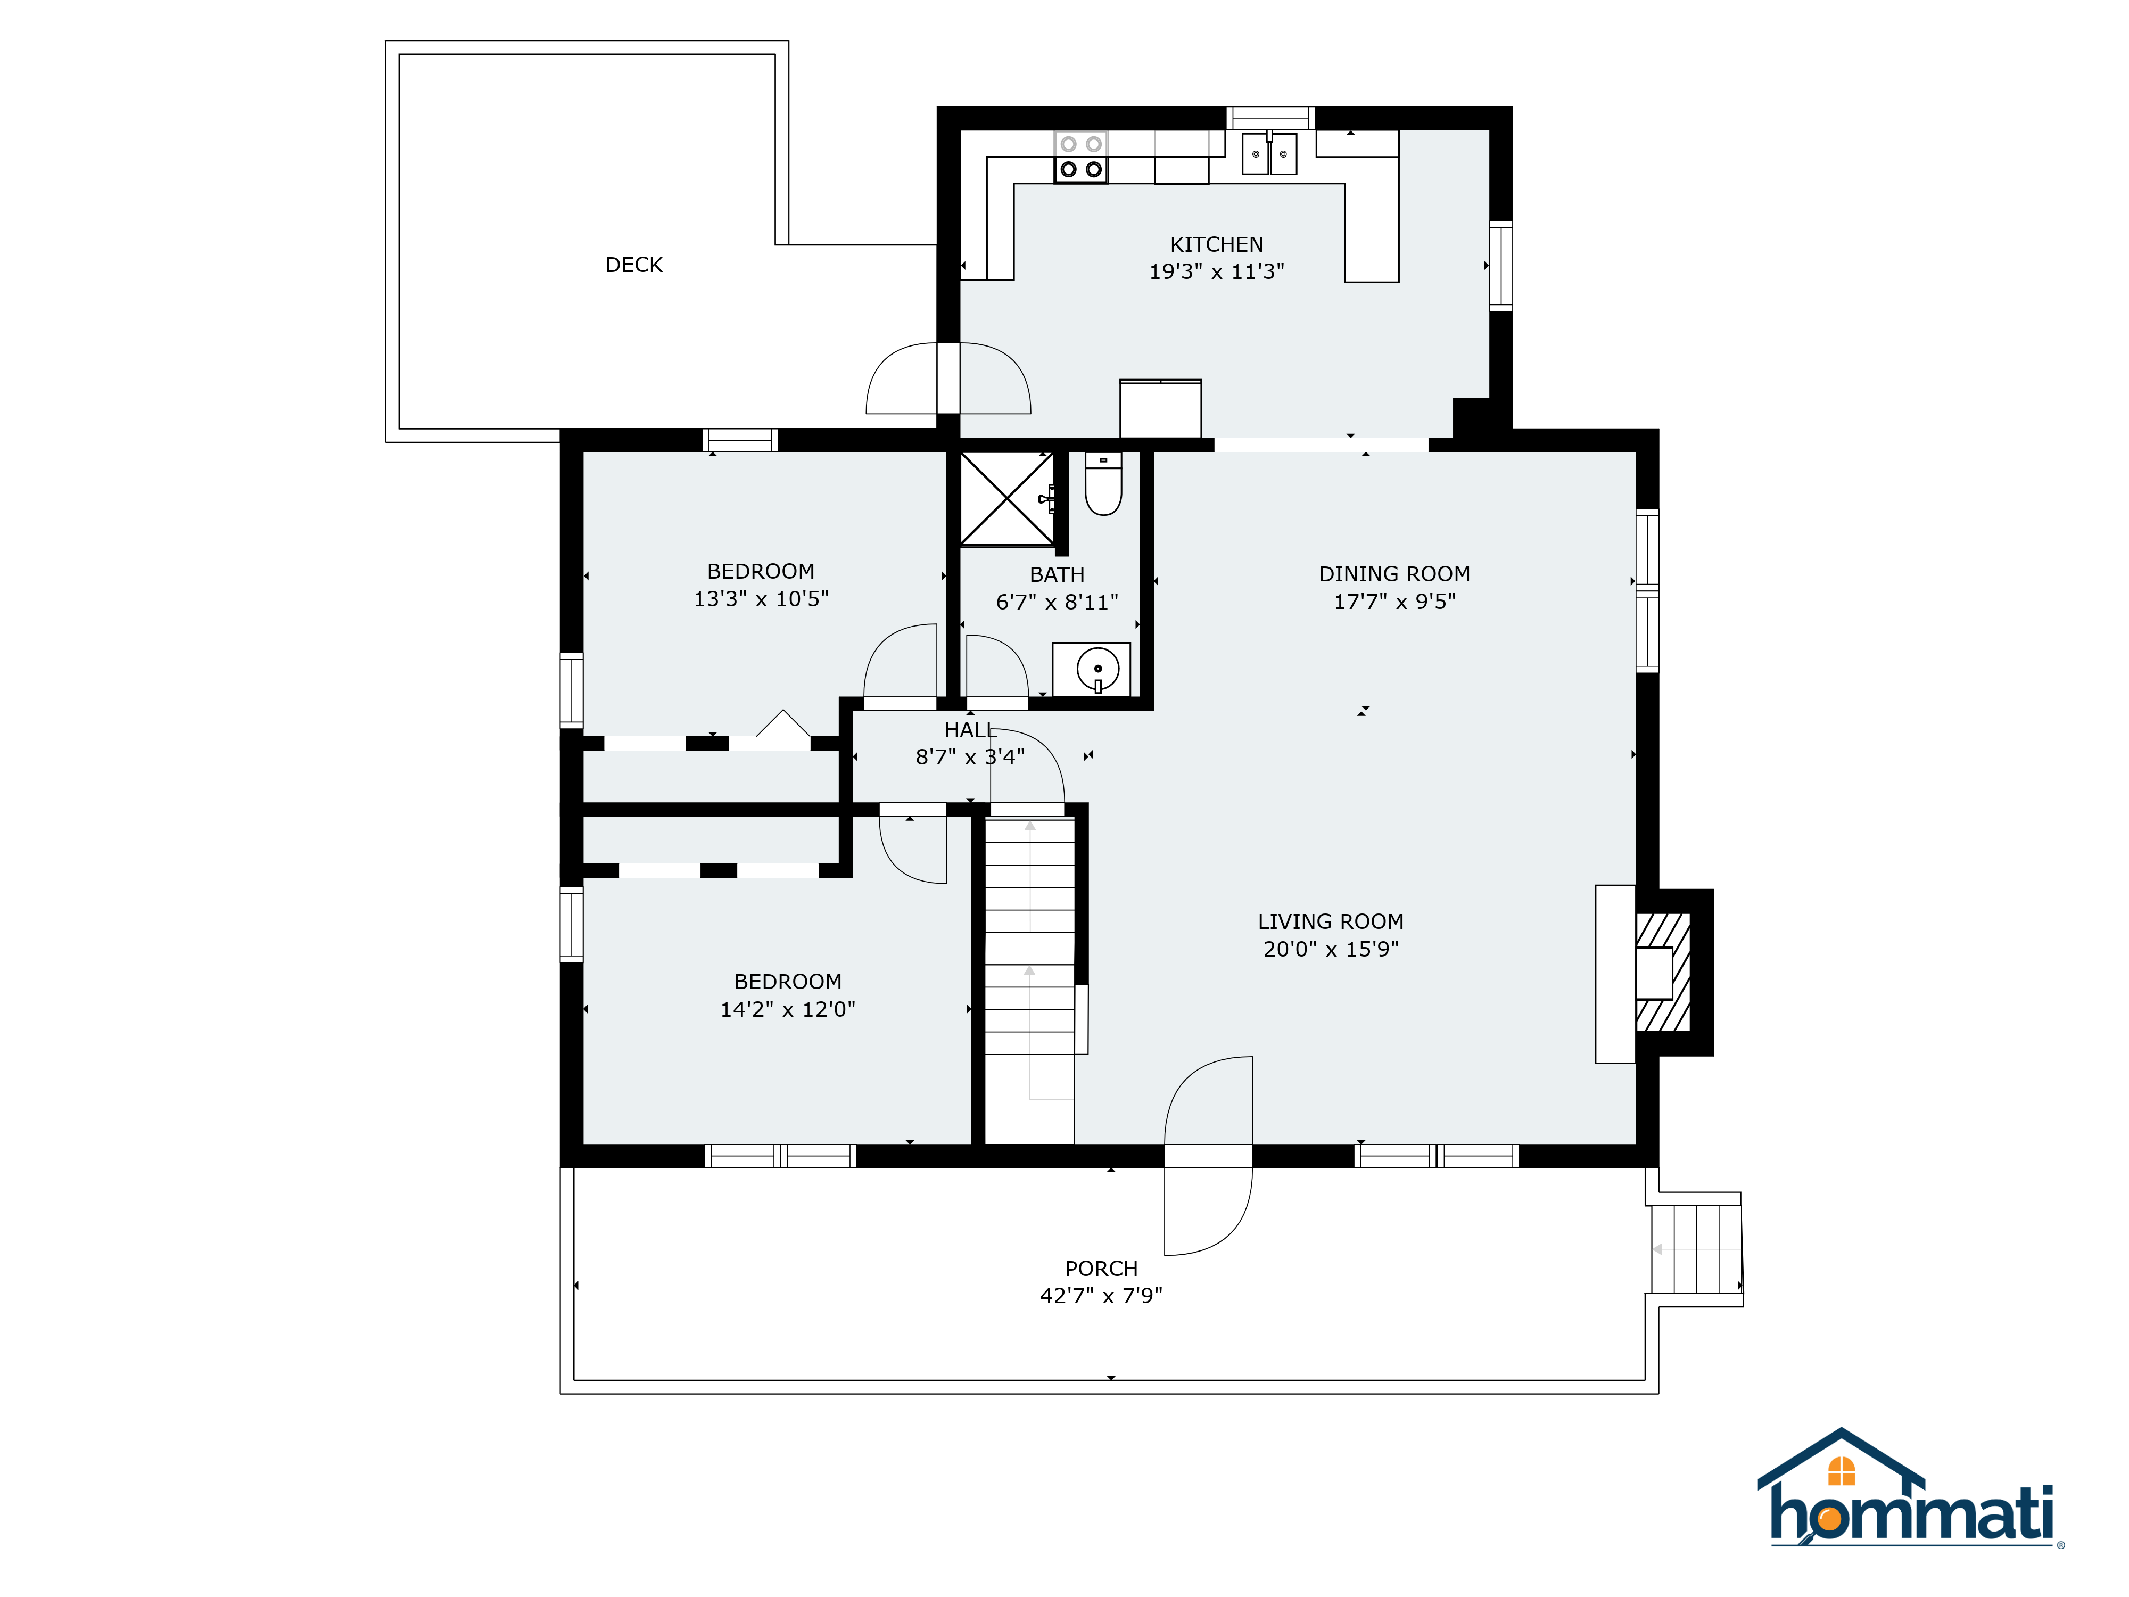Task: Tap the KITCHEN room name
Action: point(1217,244)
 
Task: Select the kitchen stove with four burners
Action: point(1081,157)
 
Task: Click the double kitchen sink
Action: point(1269,154)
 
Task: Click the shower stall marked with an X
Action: point(1008,499)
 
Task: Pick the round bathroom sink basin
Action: point(1097,668)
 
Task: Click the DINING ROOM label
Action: point(1394,574)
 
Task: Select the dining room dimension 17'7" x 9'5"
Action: point(1394,602)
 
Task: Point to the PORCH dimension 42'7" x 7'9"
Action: point(1101,1296)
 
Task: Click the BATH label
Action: point(1057,575)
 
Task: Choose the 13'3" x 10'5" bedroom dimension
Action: point(761,599)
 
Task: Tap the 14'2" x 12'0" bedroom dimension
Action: point(787,1009)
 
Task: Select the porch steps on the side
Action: point(1696,1248)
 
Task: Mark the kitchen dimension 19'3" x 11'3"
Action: point(1217,271)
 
